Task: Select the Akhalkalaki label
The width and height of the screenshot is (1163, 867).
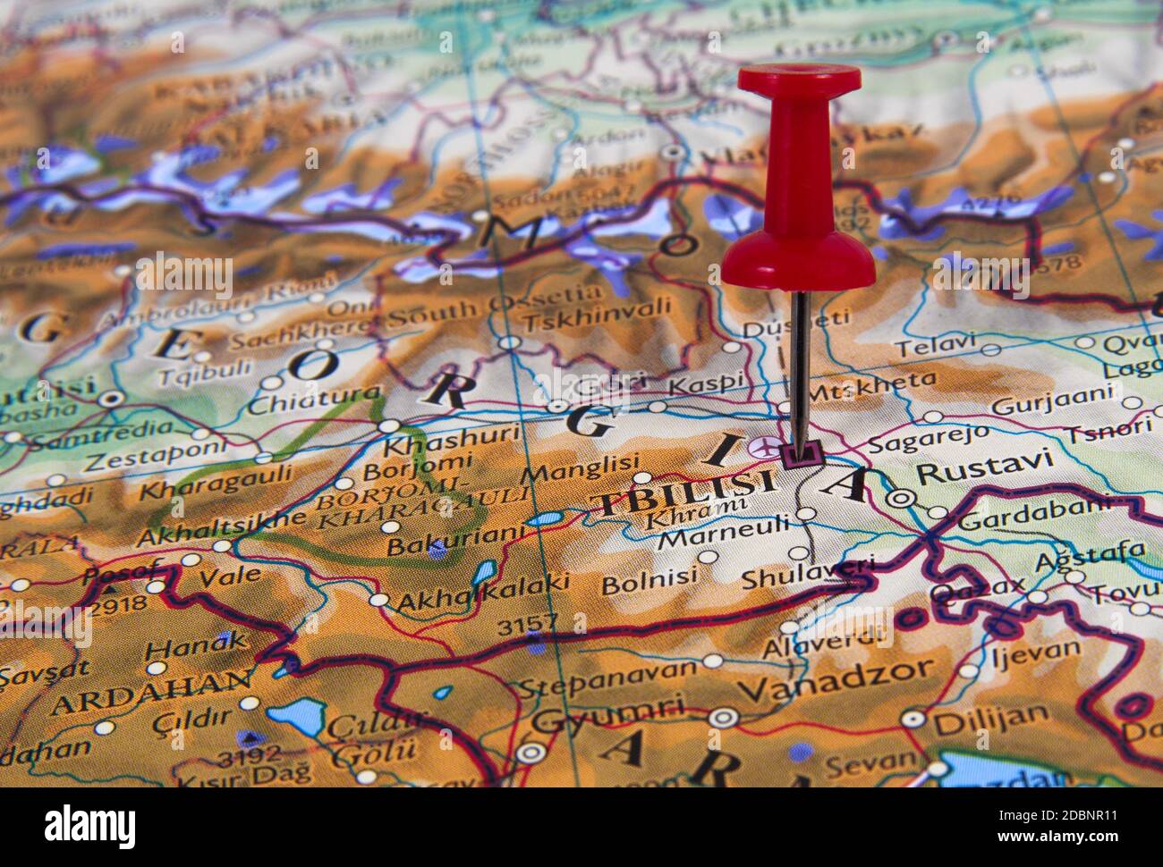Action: [x=482, y=593]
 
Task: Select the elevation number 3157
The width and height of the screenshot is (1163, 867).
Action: [x=527, y=623]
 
